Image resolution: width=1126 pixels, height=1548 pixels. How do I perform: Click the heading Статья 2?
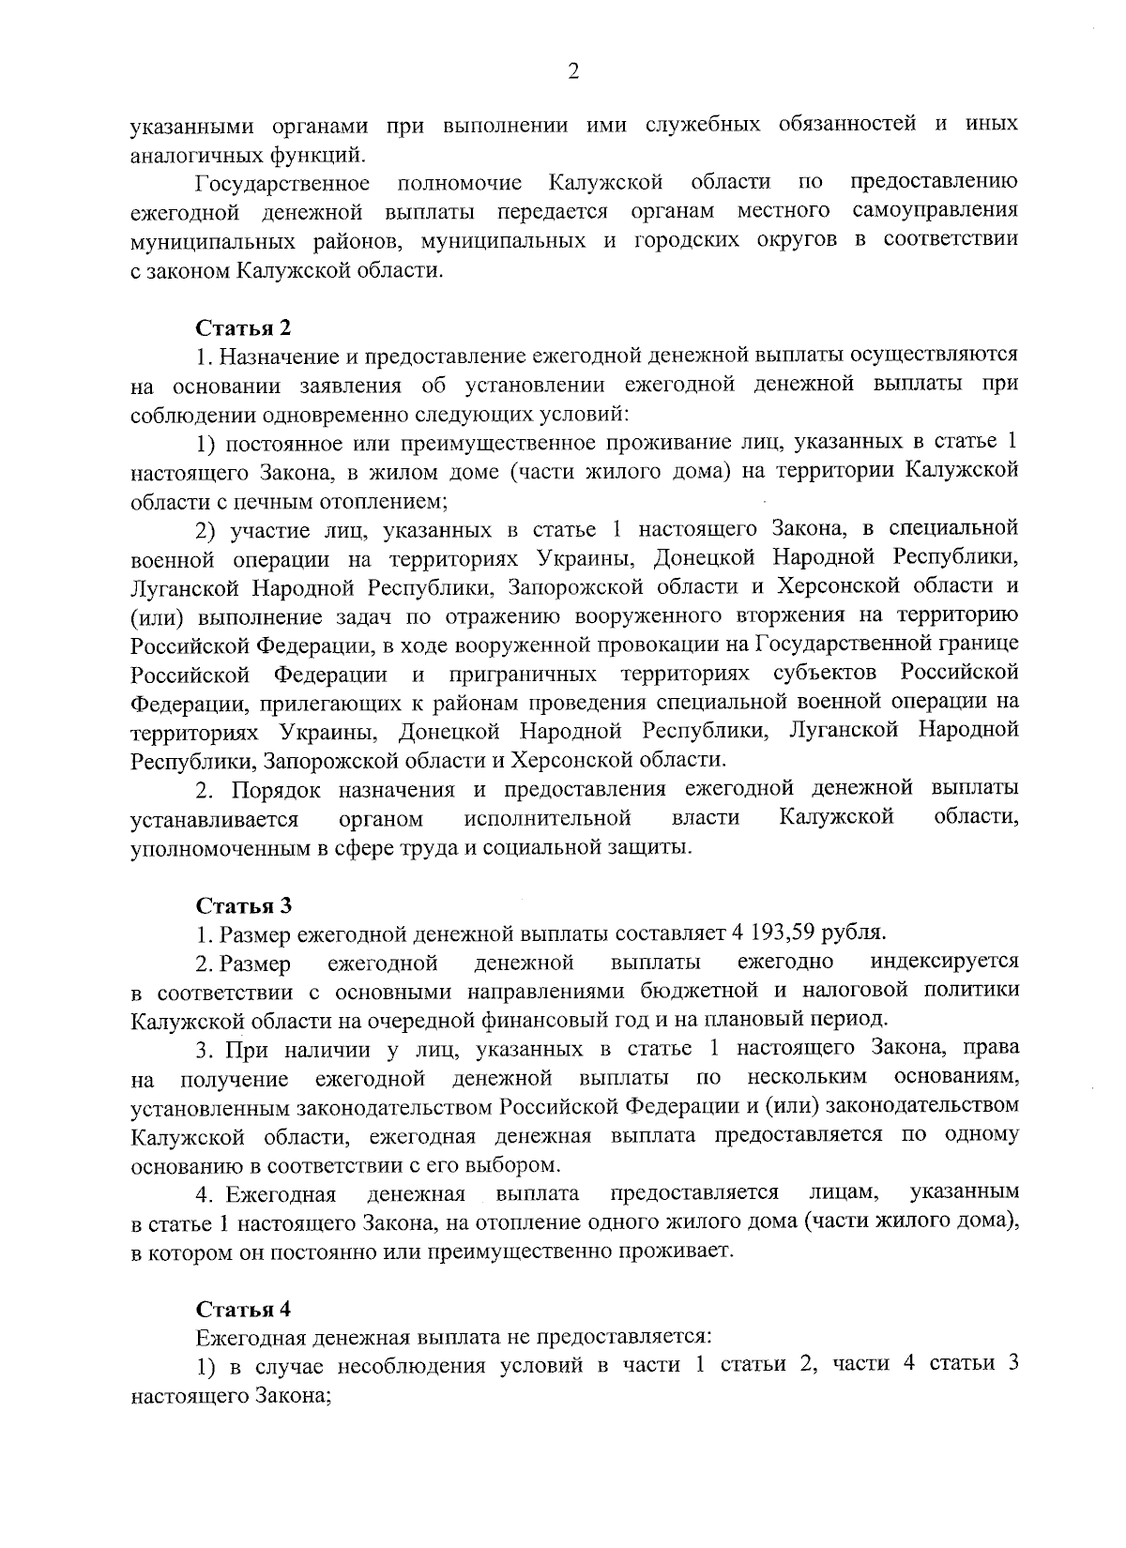tap(244, 327)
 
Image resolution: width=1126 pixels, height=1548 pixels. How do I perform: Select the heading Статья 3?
tap(244, 905)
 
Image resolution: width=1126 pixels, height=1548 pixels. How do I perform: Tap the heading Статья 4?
tap(244, 1309)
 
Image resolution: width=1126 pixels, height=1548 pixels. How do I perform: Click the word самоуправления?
tap(936, 208)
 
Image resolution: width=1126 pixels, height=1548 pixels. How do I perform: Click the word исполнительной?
tap(546, 818)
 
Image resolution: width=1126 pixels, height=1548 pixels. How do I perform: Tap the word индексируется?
tap(944, 962)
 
